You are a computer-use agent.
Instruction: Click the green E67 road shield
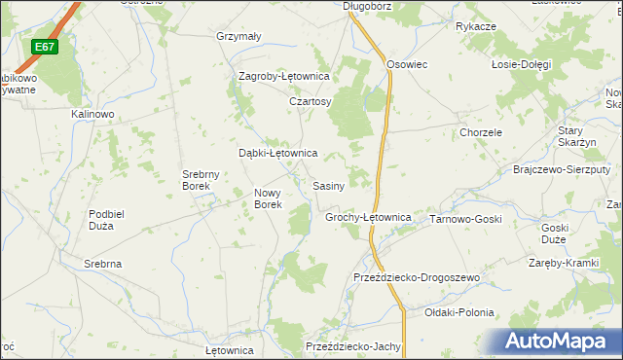[44, 47]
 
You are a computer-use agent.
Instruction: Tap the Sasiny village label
[327, 185]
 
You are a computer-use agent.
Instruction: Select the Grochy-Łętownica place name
[368, 217]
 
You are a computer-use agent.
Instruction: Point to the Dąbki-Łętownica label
[278, 153]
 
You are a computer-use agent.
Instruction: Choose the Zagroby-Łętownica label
[285, 76]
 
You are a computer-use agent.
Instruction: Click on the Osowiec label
[408, 63]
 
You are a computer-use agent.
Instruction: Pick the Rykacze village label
[476, 26]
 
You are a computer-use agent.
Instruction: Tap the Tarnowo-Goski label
[465, 219]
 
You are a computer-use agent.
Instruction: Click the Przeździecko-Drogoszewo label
[418, 277]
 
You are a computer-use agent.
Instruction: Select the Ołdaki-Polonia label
[459, 312]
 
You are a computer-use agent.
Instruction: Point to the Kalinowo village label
[93, 114]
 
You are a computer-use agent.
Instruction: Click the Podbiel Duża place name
[114, 220]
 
